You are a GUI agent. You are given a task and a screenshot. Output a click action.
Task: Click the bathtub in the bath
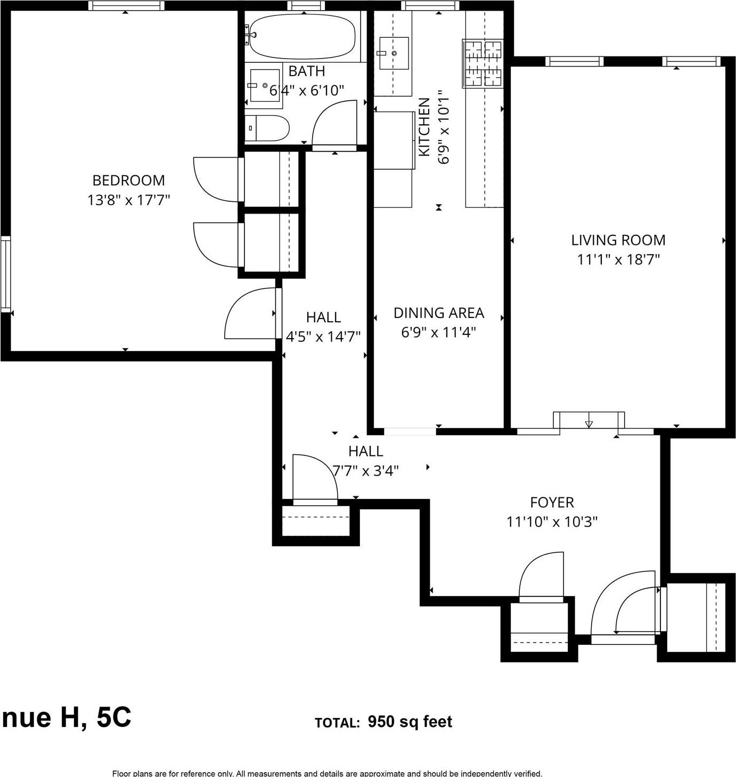[302, 37]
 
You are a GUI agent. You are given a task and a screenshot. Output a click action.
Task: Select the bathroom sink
[265, 85]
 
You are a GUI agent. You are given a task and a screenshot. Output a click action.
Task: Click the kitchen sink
[394, 53]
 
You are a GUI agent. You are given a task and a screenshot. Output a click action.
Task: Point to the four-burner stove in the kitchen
[483, 64]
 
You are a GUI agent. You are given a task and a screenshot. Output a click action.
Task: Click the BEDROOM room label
[128, 180]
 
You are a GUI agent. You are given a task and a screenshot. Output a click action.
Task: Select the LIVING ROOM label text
[618, 240]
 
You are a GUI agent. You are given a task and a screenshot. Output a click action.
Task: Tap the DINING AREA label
[438, 313]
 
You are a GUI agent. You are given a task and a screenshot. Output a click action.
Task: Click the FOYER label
[552, 502]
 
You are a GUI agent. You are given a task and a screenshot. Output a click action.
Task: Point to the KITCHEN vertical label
[424, 127]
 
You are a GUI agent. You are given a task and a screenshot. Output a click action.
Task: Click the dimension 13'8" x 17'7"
[128, 200]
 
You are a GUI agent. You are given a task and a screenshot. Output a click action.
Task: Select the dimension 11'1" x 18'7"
[618, 260]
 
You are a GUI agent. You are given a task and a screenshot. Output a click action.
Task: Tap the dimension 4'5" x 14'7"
[323, 337]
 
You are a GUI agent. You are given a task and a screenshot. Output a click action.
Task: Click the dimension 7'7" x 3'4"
[365, 471]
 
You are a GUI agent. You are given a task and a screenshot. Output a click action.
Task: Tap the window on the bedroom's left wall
[5, 274]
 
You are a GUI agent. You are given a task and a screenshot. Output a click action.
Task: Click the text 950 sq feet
[410, 722]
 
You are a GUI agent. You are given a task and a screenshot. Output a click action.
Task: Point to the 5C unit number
[113, 717]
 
